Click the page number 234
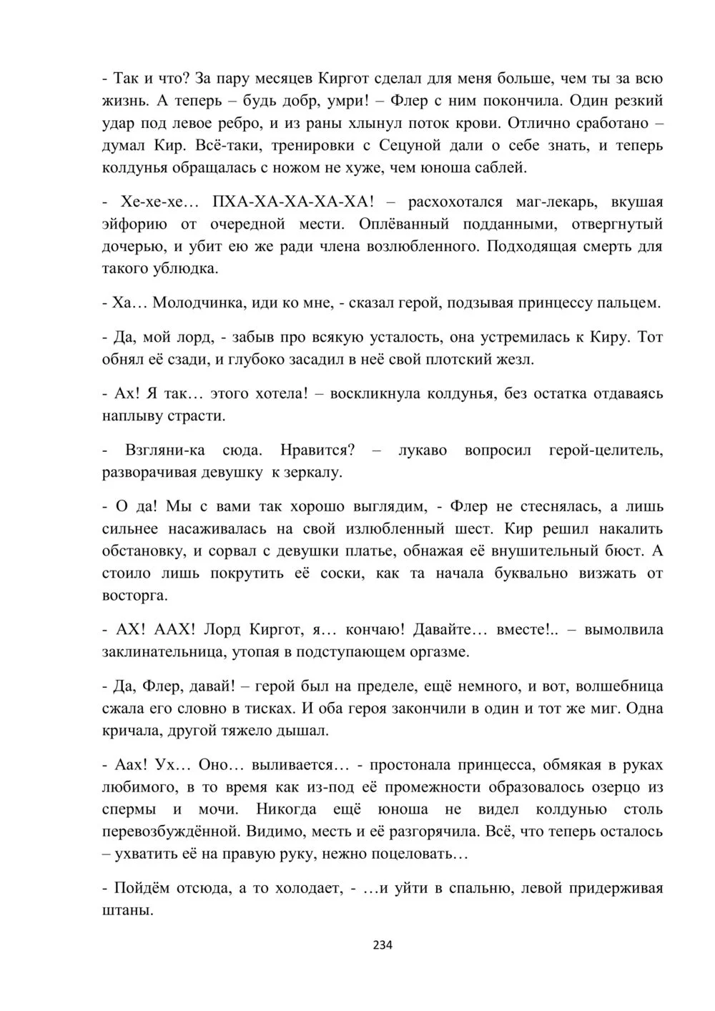383,945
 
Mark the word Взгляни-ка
165,450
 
